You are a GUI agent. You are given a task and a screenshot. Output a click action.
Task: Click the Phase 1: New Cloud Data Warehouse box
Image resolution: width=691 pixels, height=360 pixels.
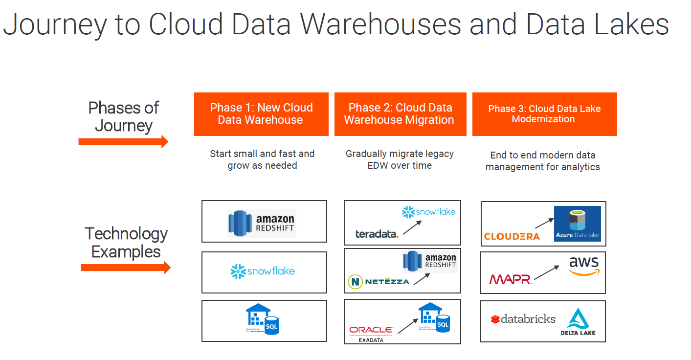point(261,114)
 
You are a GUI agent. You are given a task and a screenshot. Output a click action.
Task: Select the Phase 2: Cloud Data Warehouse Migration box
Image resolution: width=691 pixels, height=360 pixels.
point(400,114)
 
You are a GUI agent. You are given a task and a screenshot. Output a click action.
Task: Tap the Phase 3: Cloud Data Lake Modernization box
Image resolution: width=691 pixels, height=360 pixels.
point(544,114)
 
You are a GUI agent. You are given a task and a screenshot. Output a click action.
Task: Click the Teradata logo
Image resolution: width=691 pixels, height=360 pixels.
point(377,234)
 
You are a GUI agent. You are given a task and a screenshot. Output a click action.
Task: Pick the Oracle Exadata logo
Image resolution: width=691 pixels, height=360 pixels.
point(371,333)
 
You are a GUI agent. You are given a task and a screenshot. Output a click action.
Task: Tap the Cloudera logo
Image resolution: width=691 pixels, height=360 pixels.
point(512,236)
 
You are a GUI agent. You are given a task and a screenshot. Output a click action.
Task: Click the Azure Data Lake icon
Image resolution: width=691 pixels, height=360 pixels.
point(577,224)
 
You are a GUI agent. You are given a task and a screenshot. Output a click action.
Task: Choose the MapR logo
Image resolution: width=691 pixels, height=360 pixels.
point(510,279)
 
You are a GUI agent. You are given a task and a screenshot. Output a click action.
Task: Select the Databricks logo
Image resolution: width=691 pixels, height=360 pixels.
point(523,319)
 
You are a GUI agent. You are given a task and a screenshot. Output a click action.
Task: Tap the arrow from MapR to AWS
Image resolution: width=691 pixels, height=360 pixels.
point(546,272)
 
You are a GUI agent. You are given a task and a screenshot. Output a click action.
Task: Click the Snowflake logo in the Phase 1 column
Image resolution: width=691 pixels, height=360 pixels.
point(263,271)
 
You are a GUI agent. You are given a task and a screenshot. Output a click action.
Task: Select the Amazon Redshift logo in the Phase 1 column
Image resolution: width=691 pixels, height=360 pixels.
point(262,224)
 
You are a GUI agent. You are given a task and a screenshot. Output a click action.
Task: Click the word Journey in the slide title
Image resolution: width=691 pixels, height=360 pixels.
point(54,24)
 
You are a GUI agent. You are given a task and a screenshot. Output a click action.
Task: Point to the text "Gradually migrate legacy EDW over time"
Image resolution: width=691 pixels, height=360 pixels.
point(400,159)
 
